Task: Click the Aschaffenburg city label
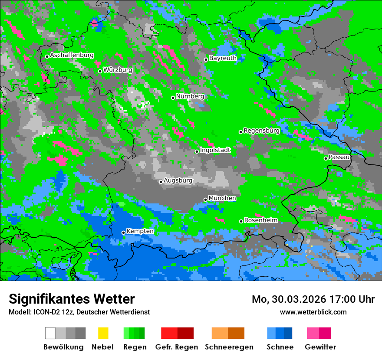click(x=72, y=55)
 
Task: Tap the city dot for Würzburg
click(x=100, y=71)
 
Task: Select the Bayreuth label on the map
click(x=223, y=58)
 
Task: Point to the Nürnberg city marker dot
click(x=173, y=98)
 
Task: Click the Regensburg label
click(x=261, y=131)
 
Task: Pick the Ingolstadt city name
click(x=215, y=150)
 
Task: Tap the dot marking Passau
click(x=326, y=158)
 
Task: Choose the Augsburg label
click(x=178, y=180)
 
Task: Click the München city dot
click(x=205, y=200)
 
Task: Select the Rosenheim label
click(x=260, y=220)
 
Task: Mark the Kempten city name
click(x=140, y=231)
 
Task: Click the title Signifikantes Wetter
click(x=72, y=299)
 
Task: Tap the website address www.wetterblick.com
click(x=313, y=312)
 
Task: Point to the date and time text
click(x=313, y=299)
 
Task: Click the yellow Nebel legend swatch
click(x=103, y=333)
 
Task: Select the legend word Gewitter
click(x=320, y=347)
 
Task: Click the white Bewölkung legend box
click(x=50, y=333)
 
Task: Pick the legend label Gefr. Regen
click(x=176, y=347)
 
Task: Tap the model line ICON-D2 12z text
click(x=79, y=312)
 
